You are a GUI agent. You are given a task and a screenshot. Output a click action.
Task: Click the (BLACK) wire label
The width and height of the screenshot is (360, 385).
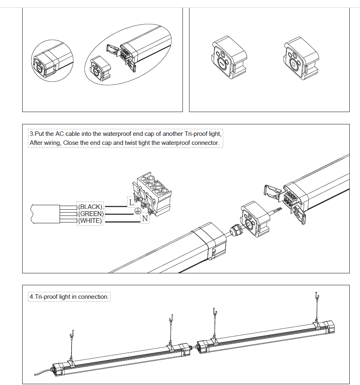tap(90, 207)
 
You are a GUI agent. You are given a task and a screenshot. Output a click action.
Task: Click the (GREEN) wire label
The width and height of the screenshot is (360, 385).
tap(91, 214)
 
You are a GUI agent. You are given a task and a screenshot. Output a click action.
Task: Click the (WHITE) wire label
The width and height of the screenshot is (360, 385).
tap(90, 221)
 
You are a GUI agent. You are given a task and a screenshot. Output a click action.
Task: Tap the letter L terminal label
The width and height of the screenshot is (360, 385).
tap(131, 202)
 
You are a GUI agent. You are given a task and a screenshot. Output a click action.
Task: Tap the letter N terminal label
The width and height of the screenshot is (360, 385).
tap(145, 219)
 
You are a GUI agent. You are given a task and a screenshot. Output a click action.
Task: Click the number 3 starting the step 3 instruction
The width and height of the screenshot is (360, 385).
tap(32, 134)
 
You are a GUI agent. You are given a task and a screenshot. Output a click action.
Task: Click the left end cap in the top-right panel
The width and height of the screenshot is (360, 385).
tap(228, 57)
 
